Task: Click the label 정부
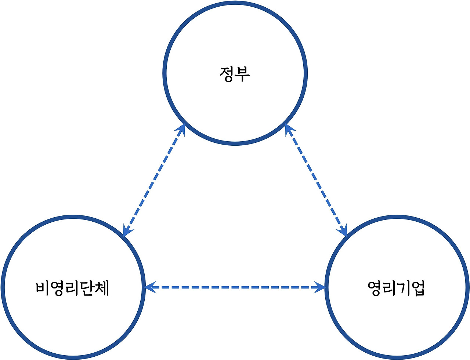[235, 74]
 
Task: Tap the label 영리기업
[396, 288]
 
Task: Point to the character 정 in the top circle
[227, 74]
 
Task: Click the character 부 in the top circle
[243, 74]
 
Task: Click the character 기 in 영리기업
[404, 288]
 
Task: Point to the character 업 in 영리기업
[418, 288]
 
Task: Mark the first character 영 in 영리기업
[375, 288]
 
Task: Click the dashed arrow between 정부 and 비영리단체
[154, 180]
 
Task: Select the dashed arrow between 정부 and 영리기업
[316, 180]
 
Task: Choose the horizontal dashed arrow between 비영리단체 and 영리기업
[235, 287]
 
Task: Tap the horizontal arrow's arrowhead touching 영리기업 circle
[320, 287]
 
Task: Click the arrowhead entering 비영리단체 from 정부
[127, 230]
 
